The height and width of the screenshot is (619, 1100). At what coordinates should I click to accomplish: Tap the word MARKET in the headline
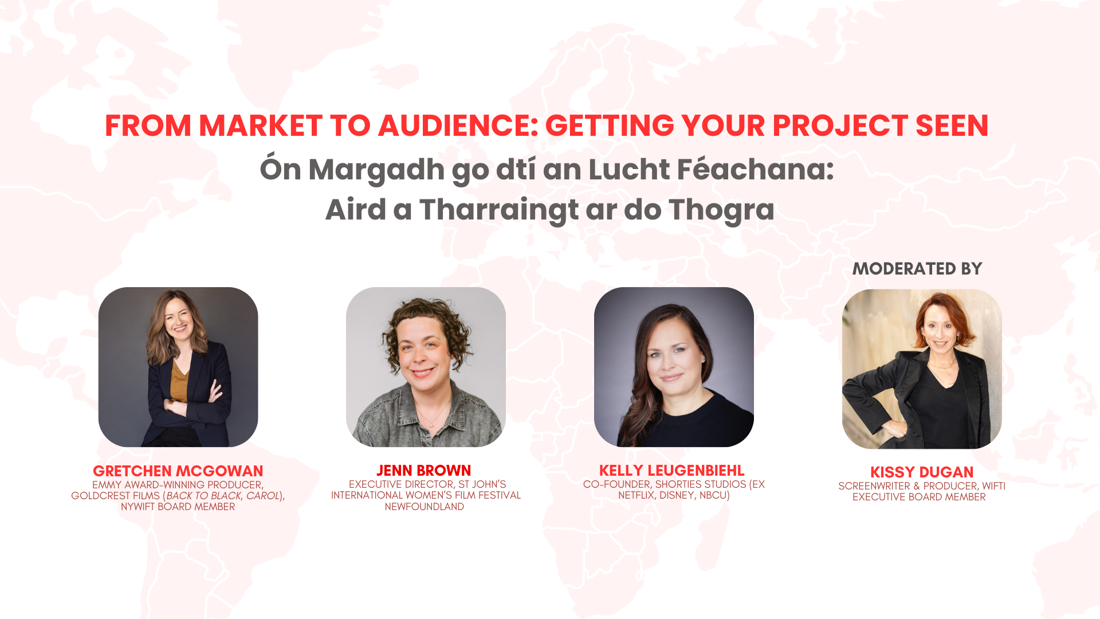pyautogui.click(x=261, y=126)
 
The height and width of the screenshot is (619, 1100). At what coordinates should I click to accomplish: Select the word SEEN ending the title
pyautogui.click(x=952, y=126)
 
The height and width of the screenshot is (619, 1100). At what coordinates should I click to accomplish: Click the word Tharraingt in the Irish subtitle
pyautogui.click(x=499, y=210)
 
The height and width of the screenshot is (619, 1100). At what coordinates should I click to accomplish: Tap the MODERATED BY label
pyautogui.click(x=917, y=269)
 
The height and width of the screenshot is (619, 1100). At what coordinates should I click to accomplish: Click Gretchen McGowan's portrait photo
pyautogui.click(x=178, y=367)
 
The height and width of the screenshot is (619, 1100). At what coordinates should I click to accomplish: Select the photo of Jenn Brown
pyautogui.click(x=426, y=367)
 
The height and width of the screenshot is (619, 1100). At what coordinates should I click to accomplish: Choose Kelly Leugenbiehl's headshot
pyautogui.click(x=674, y=367)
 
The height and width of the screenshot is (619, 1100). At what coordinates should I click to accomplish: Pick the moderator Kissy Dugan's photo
pyautogui.click(x=922, y=369)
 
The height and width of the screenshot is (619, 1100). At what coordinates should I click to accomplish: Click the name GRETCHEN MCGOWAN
pyautogui.click(x=178, y=471)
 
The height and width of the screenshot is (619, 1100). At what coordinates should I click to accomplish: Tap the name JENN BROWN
pyautogui.click(x=424, y=471)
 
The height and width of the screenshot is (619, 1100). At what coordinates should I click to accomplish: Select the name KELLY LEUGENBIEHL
pyautogui.click(x=672, y=471)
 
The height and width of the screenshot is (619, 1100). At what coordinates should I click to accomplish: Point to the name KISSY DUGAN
pyautogui.click(x=922, y=472)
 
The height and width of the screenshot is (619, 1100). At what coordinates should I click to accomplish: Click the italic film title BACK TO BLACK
pyautogui.click(x=203, y=496)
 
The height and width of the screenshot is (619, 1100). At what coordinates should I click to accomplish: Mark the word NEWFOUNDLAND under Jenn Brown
pyautogui.click(x=425, y=507)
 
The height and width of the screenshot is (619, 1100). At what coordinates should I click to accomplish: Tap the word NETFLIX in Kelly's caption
pyautogui.click(x=637, y=495)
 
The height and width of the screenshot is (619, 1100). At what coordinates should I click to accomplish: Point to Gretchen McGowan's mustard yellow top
pyautogui.click(x=179, y=381)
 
